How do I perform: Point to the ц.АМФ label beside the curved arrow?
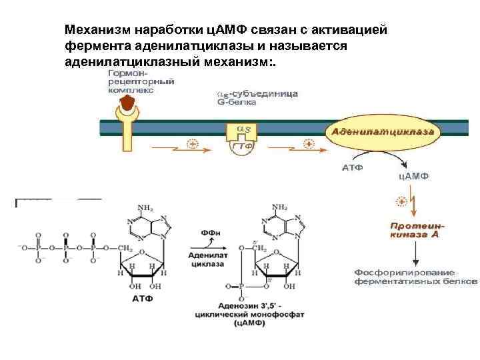(x=413, y=176)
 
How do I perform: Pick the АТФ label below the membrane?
(x=353, y=167)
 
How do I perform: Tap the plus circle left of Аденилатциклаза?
(x=308, y=143)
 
